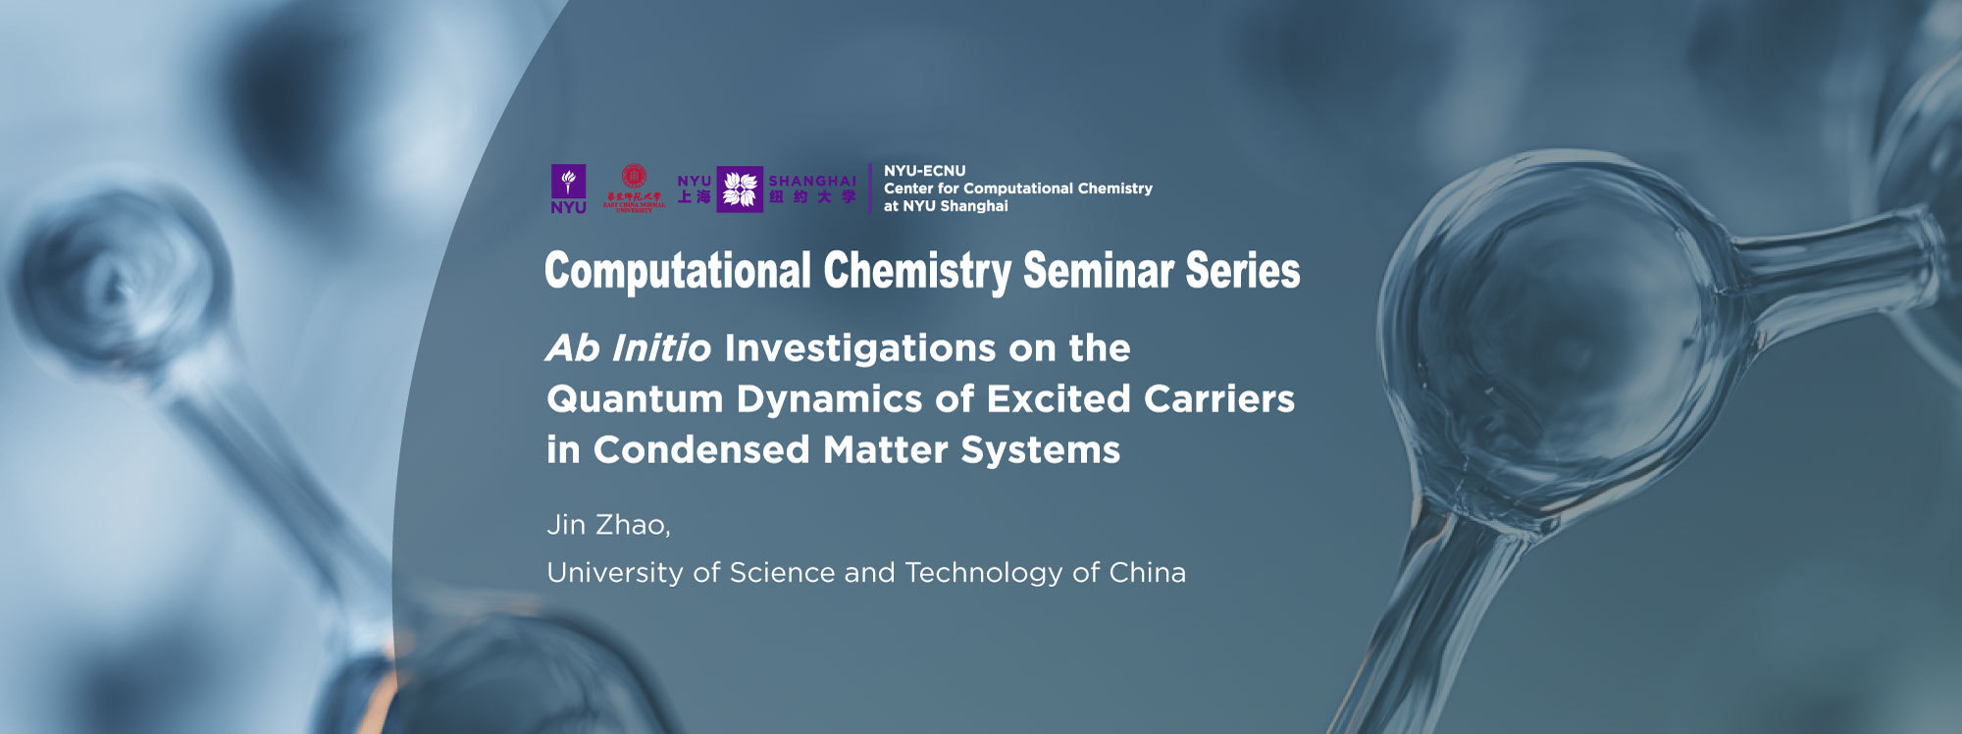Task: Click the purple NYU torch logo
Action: pyautogui.click(x=568, y=188)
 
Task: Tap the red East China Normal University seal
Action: pyautogui.click(x=634, y=185)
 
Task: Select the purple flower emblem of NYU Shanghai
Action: pyautogui.click(x=740, y=188)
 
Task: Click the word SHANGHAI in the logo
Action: pyautogui.click(x=812, y=182)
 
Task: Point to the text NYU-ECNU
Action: pyautogui.click(x=924, y=171)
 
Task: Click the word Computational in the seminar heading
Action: pyautogui.click(x=678, y=272)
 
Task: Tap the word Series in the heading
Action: pyautogui.click(x=1242, y=272)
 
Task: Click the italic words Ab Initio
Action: pyautogui.click(x=629, y=348)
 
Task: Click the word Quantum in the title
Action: pyautogui.click(x=635, y=399)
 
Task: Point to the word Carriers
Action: pyautogui.click(x=1218, y=399)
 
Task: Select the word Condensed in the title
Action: pyautogui.click(x=701, y=450)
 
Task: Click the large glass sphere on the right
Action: pyautogui.click(x=1560, y=324)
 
